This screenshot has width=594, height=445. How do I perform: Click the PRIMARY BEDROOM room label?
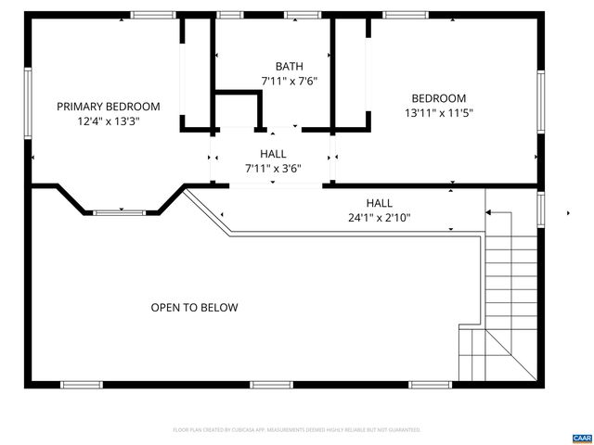point(108,107)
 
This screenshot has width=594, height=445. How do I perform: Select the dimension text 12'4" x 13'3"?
point(109,121)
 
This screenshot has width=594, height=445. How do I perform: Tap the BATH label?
point(289,66)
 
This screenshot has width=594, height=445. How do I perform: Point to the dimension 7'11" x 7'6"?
point(289,81)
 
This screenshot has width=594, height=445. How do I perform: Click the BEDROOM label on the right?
point(439,98)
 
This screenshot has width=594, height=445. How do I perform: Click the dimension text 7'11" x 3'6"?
point(273,169)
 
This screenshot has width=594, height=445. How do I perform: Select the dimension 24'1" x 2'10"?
point(379,218)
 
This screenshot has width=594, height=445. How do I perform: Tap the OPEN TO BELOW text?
point(194,308)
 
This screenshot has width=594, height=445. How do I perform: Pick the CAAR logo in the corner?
point(581,437)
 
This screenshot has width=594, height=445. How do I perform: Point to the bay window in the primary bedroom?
point(119,212)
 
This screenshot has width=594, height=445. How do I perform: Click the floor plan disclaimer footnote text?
point(297,430)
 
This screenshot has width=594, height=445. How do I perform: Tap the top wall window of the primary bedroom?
point(153,15)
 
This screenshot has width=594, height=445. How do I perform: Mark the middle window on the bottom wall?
point(270,384)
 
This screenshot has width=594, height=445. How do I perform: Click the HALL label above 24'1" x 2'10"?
point(379,203)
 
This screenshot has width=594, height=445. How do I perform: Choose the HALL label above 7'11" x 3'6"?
point(273,154)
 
